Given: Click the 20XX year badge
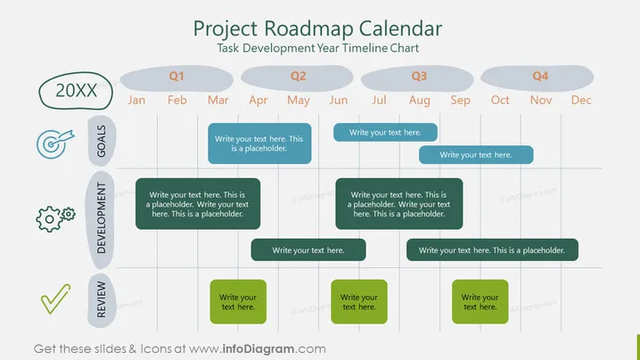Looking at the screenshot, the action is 76,91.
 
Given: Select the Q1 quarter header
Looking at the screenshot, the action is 176,78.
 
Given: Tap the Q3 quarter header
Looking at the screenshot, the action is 417,78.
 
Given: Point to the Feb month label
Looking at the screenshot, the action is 177,100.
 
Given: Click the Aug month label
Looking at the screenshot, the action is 420,101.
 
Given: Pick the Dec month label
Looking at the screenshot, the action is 581,100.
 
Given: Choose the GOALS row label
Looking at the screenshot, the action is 102,141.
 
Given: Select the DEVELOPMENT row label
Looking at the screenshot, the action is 101,218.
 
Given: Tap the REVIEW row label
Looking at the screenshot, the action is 102,299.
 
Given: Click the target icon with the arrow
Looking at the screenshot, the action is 54,143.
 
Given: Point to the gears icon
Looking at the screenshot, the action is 55,219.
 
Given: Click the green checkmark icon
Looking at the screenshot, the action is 55,299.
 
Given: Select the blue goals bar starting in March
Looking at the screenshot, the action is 259,143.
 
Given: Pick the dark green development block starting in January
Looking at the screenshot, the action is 198,204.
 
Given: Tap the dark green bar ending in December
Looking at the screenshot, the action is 492,250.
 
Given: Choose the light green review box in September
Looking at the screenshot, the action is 480,301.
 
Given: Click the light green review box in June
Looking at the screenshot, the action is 359,301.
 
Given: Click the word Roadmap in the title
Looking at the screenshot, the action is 308,29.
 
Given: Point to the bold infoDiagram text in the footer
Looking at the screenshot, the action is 258,349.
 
